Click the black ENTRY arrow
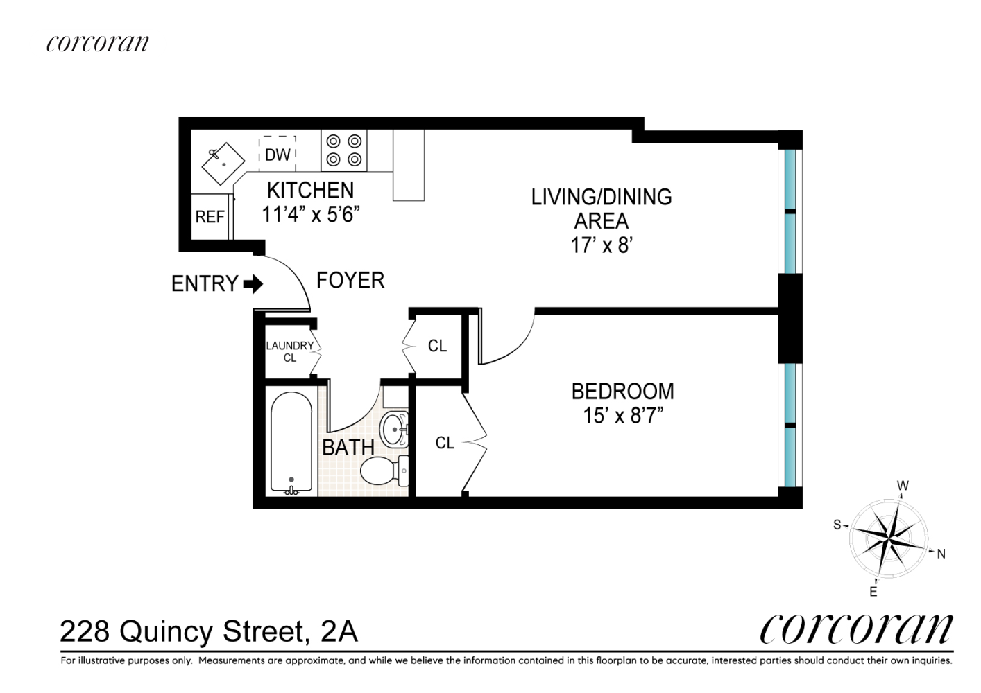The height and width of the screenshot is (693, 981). click(x=253, y=284)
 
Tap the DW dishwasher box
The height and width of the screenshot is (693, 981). click(x=278, y=154)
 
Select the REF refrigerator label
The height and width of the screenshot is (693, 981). click(x=210, y=216)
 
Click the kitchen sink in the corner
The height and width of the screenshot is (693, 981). click(x=223, y=164)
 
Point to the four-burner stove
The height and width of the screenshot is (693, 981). click(x=344, y=150)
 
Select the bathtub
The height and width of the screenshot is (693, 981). click(x=291, y=443)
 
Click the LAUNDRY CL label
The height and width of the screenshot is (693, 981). click(x=290, y=351)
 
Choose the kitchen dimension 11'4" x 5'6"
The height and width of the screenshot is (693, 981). click(x=311, y=214)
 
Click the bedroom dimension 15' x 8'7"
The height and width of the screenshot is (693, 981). click(x=622, y=415)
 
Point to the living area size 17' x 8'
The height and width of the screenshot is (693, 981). click(x=602, y=245)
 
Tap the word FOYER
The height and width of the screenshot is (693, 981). click(x=350, y=280)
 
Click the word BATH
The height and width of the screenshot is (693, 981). click(x=348, y=447)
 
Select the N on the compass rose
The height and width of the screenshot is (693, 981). click(x=941, y=554)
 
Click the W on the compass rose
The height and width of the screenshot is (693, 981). click(x=903, y=486)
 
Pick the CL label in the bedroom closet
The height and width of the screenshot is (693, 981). click(x=445, y=444)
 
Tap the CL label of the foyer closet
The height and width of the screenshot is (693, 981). click(x=437, y=346)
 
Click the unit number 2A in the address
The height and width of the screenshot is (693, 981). click(x=339, y=632)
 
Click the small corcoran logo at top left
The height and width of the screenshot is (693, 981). click(x=98, y=43)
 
